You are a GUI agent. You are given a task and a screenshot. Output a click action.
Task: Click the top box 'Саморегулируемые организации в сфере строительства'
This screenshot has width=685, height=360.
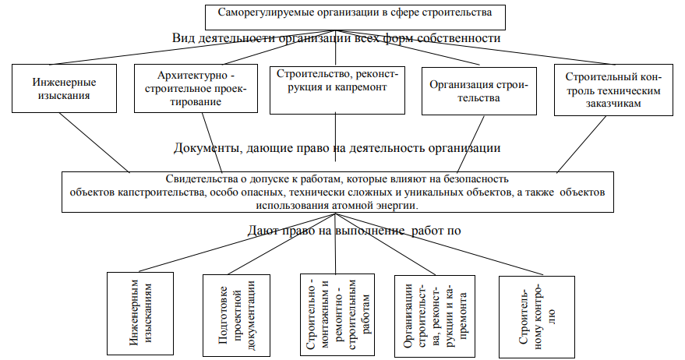355,17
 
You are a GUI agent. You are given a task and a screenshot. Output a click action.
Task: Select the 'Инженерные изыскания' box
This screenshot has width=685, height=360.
64,88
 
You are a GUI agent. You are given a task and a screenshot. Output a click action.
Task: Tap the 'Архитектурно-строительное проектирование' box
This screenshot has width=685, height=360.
196,88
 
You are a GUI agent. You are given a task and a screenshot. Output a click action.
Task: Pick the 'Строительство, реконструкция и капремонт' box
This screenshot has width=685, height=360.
337,90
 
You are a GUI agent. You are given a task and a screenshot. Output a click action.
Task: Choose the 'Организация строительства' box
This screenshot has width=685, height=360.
478,91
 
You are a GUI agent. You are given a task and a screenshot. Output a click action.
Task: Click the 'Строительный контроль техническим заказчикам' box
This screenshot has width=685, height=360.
613,90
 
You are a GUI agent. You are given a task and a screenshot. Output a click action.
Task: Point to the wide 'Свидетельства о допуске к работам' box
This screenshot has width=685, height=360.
337,192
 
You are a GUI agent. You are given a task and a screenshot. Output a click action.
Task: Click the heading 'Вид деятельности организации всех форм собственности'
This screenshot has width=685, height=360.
337,38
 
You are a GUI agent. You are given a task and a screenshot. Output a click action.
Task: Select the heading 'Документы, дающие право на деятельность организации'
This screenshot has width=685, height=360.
337,148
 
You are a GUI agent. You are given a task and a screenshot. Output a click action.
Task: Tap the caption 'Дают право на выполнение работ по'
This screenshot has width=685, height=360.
355,230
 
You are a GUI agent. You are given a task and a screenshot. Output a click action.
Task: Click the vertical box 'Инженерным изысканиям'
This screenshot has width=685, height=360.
140,313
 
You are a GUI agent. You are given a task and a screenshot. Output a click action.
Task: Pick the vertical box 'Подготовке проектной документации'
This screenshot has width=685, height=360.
236,316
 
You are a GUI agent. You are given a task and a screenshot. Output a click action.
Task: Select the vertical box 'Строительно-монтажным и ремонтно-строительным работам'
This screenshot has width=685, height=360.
337,315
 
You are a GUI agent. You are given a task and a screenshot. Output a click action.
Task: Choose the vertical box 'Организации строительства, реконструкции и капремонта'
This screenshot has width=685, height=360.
435,316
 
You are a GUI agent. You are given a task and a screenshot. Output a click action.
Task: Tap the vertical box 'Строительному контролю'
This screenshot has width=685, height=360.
537,317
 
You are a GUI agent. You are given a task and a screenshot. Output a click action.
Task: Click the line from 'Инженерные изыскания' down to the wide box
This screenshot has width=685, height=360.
94,143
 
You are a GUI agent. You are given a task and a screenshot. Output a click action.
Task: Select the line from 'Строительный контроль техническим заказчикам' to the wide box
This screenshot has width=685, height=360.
581,144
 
